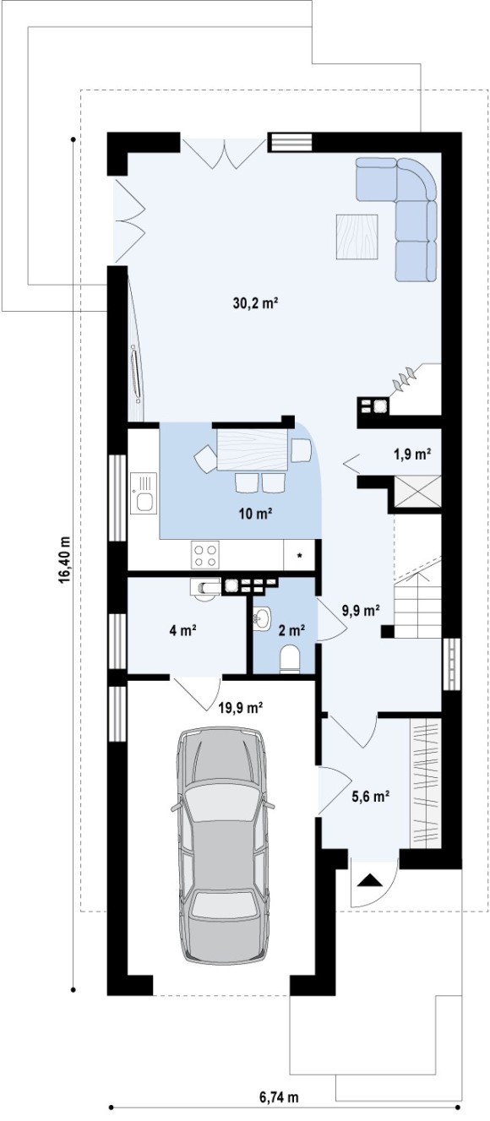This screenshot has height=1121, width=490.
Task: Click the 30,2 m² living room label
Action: tap(255, 303)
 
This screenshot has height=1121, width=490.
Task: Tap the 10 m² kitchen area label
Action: tap(255, 514)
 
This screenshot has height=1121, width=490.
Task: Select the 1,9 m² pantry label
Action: tap(413, 454)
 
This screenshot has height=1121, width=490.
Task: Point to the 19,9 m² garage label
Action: tap(241, 708)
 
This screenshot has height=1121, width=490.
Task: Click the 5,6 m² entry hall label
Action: tap(371, 797)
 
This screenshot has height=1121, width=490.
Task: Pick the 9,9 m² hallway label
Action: tap(361, 610)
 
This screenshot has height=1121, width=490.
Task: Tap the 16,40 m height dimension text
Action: tap(64, 560)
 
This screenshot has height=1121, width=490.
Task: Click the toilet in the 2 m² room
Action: tap(289, 657)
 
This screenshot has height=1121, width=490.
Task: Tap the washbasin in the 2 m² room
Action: tap(262, 618)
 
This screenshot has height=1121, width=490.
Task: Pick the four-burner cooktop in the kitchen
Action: tap(205, 555)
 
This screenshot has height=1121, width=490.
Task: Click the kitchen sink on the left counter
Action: tap(143, 493)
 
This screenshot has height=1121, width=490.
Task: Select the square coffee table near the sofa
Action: tap(357, 237)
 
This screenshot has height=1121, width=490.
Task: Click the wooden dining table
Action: tap(253, 449)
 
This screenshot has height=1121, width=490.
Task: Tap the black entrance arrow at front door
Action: tap(369, 880)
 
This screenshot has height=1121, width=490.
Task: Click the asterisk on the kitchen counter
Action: tap(299, 556)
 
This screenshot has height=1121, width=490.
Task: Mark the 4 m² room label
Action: tap(182, 630)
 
